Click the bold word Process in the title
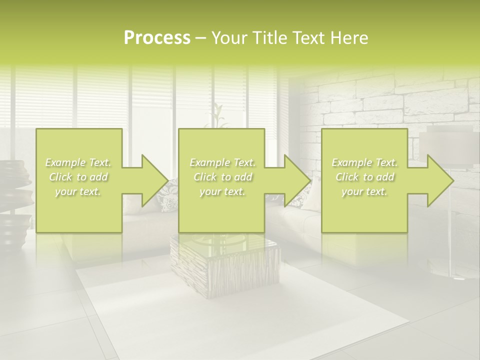[157, 38]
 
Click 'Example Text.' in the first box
[78, 162]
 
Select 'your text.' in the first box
[78, 191]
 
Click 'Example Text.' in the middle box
[222, 162]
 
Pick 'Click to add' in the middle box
[222, 177]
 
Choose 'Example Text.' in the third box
[364, 162]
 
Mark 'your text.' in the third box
[364, 191]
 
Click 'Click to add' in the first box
[78, 177]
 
